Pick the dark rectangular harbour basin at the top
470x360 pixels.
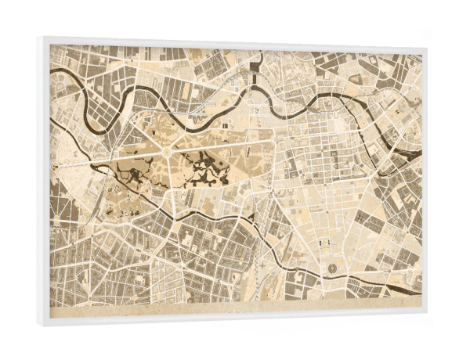(256, 74)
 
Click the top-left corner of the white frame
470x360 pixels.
(38, 37)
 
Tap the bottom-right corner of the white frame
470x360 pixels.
(426, 319)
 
